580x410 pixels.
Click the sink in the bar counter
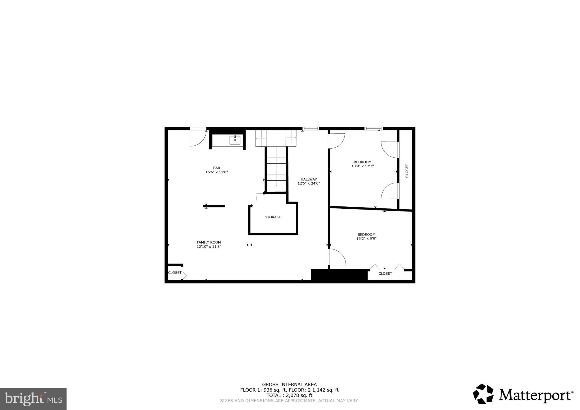click(x=235, y=140)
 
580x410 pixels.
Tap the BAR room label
click(x=217, y=168)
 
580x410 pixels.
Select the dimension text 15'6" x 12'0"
click(x=217, y=172)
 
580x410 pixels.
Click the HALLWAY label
click(x=309, y=179)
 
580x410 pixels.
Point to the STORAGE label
click(x=273, y=217)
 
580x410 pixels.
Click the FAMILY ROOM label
click(x=209, y=242)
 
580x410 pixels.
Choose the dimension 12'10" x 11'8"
click(x=209, y=247)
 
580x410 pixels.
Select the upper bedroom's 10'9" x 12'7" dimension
click(x=362, y=166)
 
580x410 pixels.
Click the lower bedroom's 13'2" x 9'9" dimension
click(x=366, y=238)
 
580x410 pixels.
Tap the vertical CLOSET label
click(x=407, y=171)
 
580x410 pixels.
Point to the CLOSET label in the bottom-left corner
click(x=175, y=273)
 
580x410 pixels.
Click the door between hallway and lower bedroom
click(x=337, y=257)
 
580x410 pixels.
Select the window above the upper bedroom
click(x=373, y=129)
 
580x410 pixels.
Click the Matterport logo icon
click(x=483, y=394)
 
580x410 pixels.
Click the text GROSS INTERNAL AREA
click(x=289, y=385)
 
